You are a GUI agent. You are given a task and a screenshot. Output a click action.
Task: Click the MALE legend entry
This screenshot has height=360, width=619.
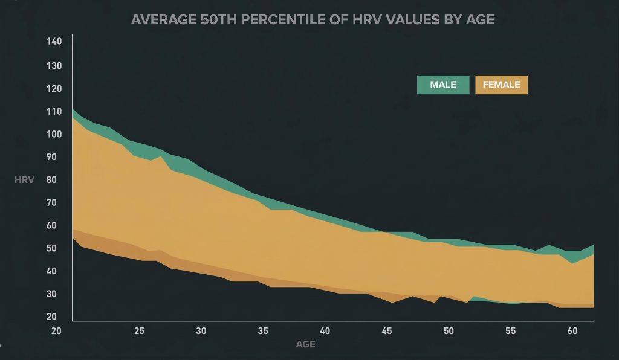[x=443, y=85]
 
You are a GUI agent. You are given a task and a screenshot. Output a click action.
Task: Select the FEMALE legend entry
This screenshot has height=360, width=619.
[x=502, y=85]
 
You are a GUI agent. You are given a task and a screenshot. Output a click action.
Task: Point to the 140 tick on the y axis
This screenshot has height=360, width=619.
[x=54, y=42]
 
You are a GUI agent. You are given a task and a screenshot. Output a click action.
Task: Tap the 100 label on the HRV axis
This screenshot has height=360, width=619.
[x=54, y=134]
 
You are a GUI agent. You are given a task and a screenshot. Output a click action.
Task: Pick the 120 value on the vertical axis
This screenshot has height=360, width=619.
[x=54, y=88]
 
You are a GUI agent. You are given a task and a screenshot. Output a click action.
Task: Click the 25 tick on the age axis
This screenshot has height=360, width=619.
[x=139, y=331]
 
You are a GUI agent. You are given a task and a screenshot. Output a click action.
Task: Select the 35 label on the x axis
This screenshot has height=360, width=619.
[x=263, y=331]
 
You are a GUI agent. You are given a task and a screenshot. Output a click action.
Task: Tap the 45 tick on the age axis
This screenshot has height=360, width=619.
[x=387, y=331]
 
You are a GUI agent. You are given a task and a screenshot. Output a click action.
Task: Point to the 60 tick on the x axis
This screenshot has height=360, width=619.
[x=572, y=331]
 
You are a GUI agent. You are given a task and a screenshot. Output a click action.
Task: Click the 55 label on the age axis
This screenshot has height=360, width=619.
[x=510, y=331]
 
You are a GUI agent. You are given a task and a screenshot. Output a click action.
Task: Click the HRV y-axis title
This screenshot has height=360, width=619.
[x=24, y=180]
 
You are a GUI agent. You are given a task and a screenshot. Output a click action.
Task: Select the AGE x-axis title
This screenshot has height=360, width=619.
[x=305, y=345]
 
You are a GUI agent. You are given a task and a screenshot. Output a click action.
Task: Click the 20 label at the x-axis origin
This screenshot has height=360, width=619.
[x=57, y=331]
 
